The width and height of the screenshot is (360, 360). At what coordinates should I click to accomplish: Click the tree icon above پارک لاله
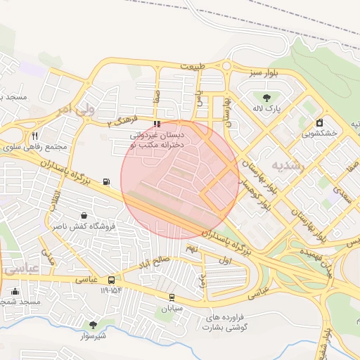click(x=266, y=98)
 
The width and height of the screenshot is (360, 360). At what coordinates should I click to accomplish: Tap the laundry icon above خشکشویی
click(x=320, y=122)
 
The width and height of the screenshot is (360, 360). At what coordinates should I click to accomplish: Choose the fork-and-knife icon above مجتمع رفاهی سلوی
click(x=35, y=136)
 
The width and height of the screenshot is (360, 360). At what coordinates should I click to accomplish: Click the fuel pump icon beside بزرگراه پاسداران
click(x=106, y=182)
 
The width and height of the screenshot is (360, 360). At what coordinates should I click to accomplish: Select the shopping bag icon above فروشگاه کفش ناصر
click(x=84, y=216)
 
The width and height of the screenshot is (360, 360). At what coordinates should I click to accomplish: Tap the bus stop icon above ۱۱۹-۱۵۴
click(x=112, y=279)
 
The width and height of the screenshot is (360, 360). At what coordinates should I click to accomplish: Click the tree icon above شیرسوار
click(x=93, y=324)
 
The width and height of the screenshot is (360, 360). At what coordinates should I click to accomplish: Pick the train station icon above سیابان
click(x=172, y=297)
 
